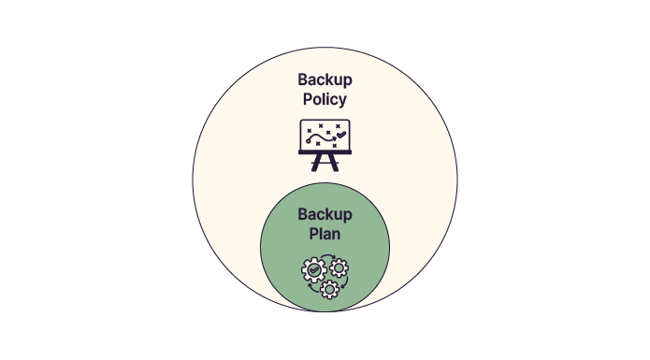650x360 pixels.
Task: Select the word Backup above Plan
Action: [x=325, y=214]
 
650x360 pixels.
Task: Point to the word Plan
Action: [x=325, y=233]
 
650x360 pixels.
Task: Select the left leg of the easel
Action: [x=316, y=164]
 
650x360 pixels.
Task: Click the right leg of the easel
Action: [x=334, y=164]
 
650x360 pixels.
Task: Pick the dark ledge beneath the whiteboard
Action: [x=325, y=151]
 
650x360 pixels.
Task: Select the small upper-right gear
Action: [x=339, y=268]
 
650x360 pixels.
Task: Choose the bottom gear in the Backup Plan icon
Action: [x=328, y=288]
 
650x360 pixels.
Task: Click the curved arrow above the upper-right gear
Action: [x=327, y=257]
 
